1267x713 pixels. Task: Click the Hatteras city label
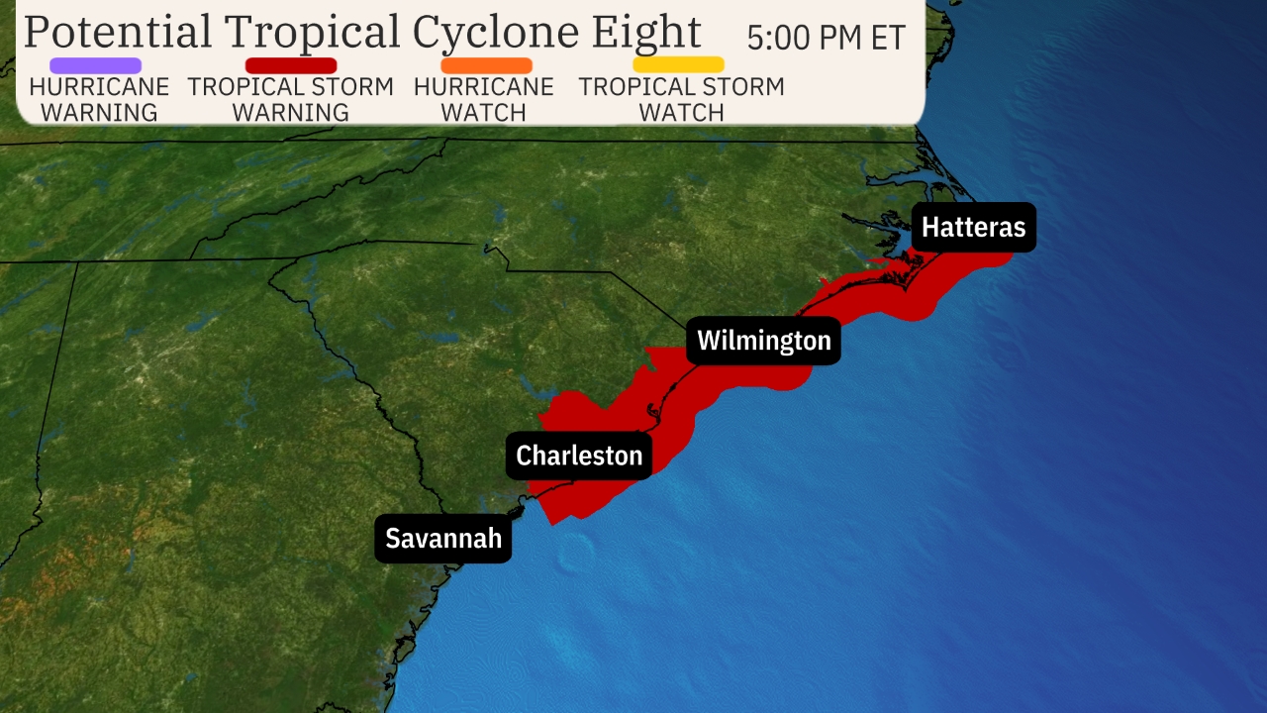[974, 228]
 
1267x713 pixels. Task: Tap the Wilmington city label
[764, 341]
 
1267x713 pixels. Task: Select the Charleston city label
[579, 456]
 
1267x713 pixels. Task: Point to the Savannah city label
[443, 539]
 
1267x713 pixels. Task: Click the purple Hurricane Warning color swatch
[95, 65]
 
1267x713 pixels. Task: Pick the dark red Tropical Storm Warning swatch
[291, 65]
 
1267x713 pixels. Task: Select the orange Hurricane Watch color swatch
[486, 65]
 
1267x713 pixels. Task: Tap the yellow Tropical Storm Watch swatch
[679, 65]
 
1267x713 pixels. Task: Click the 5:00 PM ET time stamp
[826, 38]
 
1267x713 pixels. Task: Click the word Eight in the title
[646, 32]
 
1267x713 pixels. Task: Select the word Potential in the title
[118, 32]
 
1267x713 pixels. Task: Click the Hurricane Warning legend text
[99, 100]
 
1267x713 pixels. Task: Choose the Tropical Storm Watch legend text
[681, 100]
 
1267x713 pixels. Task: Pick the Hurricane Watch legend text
[484, 100]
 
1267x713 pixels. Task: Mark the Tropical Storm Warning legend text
[291, 100]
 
